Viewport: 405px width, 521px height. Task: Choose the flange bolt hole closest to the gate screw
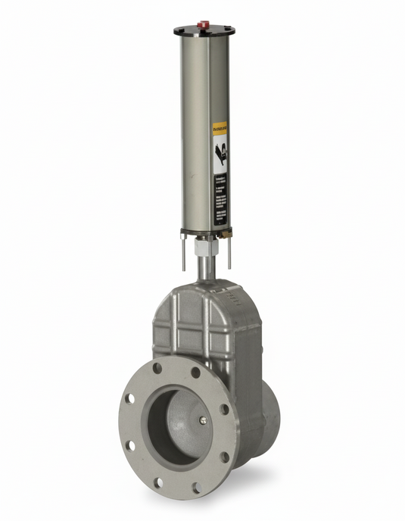pos(224,410)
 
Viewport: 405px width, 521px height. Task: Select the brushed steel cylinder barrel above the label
pos(203,76)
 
